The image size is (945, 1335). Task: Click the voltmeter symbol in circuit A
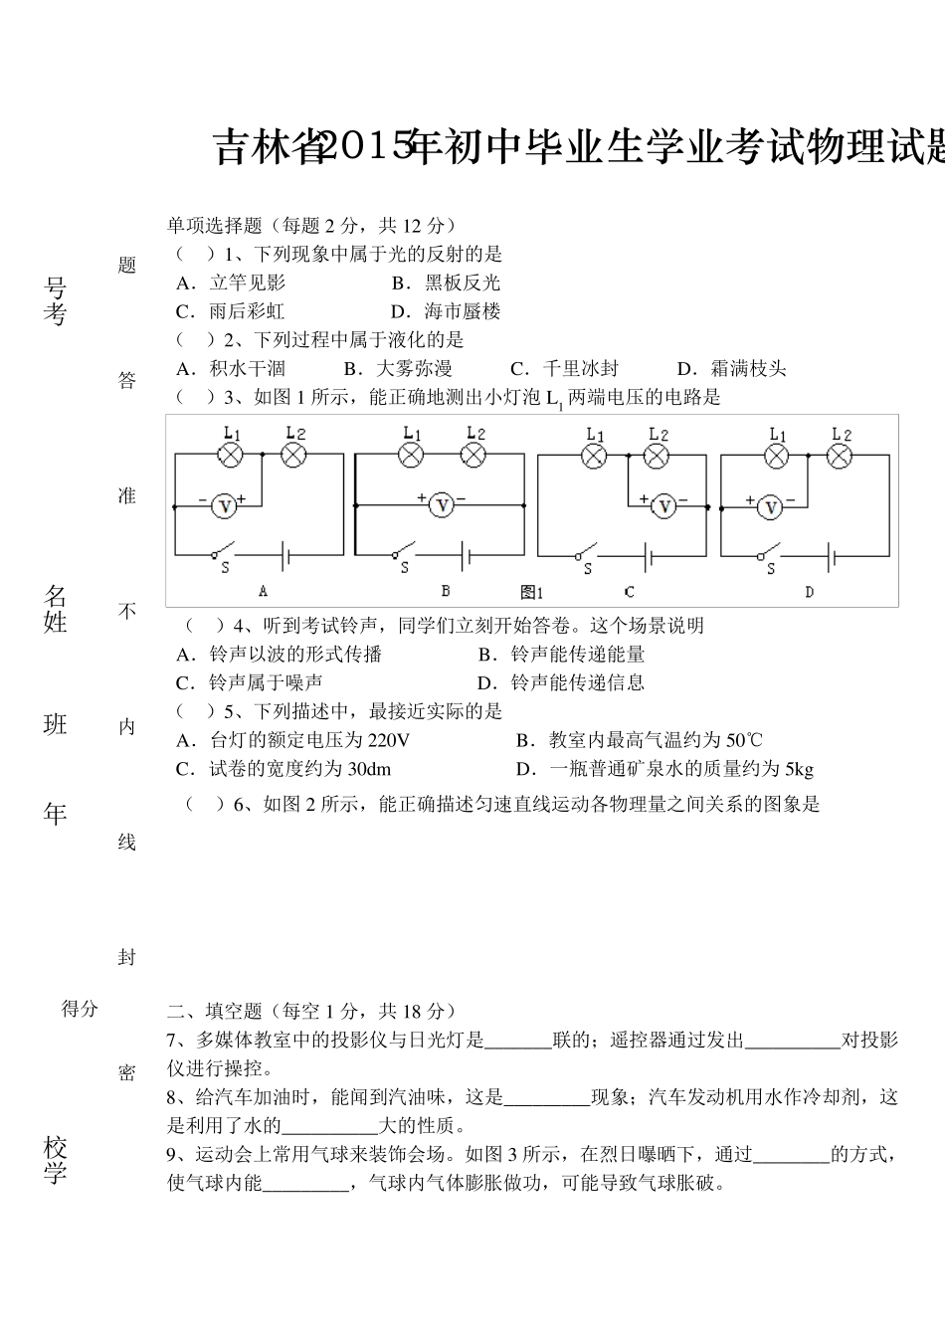[x=225, y=506]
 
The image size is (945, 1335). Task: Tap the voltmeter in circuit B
[x=442, y=505]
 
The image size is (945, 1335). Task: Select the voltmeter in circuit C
[x=663, y=507]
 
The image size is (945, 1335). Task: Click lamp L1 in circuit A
[x=231, y=455]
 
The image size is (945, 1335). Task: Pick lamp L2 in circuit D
[x=841, y=456]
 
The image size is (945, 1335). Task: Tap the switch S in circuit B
[x=403, y=553]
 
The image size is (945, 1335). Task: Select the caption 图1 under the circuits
[x=532, y=592]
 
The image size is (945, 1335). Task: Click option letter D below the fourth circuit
[x=809, y=592]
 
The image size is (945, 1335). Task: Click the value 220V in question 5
[x=388, y=740]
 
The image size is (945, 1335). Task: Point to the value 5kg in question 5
[x=799, y=769]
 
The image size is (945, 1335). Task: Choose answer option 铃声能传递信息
[x=578, y=682]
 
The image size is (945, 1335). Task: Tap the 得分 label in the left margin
[x=81, y=1009]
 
